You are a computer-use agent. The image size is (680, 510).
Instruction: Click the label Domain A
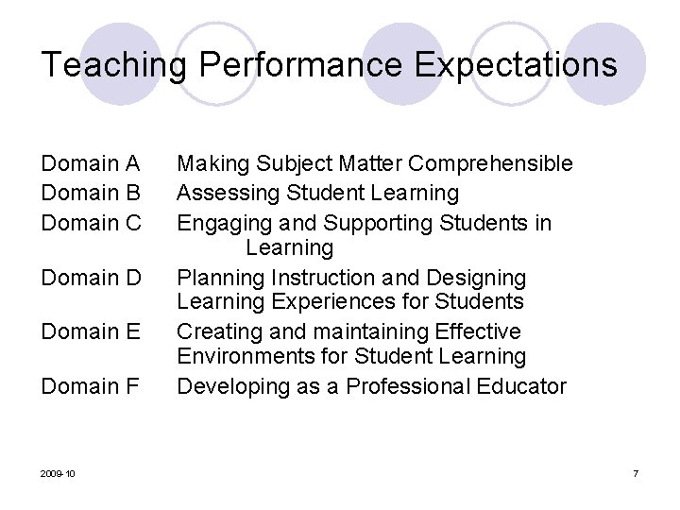pos(91,163)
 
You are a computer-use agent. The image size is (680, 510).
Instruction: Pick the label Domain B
pos(91,193)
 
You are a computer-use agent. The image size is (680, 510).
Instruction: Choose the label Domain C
pos(91,223)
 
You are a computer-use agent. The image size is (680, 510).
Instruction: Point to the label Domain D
pos(91,278)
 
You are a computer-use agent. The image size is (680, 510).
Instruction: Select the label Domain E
pos(91,331)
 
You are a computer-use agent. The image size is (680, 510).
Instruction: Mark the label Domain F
pos(91,386)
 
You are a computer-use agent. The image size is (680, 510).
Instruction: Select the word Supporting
pos(380,223)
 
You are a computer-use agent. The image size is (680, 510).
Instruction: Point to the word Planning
pos(221,278)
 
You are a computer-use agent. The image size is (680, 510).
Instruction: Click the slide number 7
pos(636,472)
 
